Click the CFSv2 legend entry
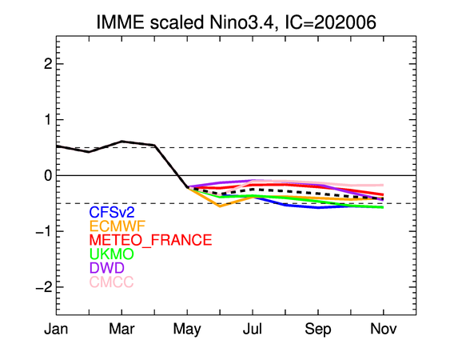tap(112, 212)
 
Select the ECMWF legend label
tap(117, 226)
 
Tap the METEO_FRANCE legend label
tap(151, 240)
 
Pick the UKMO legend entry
tap(112, 254)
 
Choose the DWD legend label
tap(107, 267)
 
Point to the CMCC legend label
tap(111, 282)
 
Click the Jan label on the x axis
tap(56, 329)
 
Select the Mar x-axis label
tap(121, 329)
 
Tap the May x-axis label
tap(187, 330)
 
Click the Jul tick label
tap(253, 329)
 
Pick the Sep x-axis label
tap(318, 330)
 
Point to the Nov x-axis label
tap(384, 329)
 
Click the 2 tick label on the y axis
tap(48, 64)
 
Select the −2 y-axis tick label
tap(44, 287)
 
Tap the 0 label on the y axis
tap(48, 175)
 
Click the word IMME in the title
tap(120, 22)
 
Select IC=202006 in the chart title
tap(330, 22)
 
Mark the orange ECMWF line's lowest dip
tap(220, 206)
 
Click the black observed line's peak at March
tap(121, 142)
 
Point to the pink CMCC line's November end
tap(383, 186)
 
